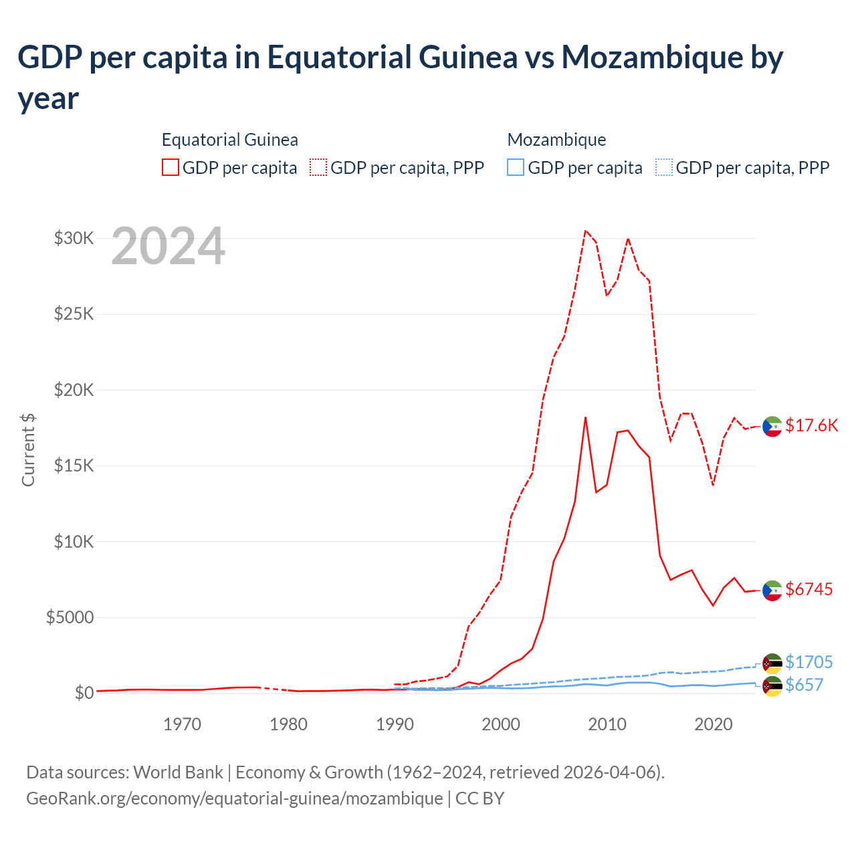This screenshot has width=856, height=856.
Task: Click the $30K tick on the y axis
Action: point(74,238)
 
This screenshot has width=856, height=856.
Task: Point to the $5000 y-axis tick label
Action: point(70,617)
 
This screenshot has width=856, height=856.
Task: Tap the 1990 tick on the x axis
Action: point(395,724)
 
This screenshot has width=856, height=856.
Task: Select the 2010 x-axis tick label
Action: point(607,724)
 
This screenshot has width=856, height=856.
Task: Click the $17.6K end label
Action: point(811,426)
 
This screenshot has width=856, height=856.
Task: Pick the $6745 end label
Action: point(809,589)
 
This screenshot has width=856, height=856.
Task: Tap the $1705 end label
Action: point(809,662)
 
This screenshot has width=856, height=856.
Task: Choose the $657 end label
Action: point(804,685)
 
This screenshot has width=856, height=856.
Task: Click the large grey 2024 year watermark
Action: point(168,246)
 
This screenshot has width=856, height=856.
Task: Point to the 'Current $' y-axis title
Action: point(28,449)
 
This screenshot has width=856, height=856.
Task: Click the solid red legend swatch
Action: point(171,167)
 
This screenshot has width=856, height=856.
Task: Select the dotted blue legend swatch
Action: point(663,167)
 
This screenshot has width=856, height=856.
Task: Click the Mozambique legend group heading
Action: point(556,140)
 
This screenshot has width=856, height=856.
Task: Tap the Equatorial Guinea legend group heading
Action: point(229,140)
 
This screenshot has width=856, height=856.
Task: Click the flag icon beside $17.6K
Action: point(772,426)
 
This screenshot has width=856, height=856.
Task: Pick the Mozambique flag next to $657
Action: point(772,686)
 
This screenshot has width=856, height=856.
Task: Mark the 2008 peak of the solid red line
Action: point(585,417)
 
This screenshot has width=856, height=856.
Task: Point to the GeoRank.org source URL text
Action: point(234,798)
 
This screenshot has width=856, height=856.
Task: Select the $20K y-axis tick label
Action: point(74,390)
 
